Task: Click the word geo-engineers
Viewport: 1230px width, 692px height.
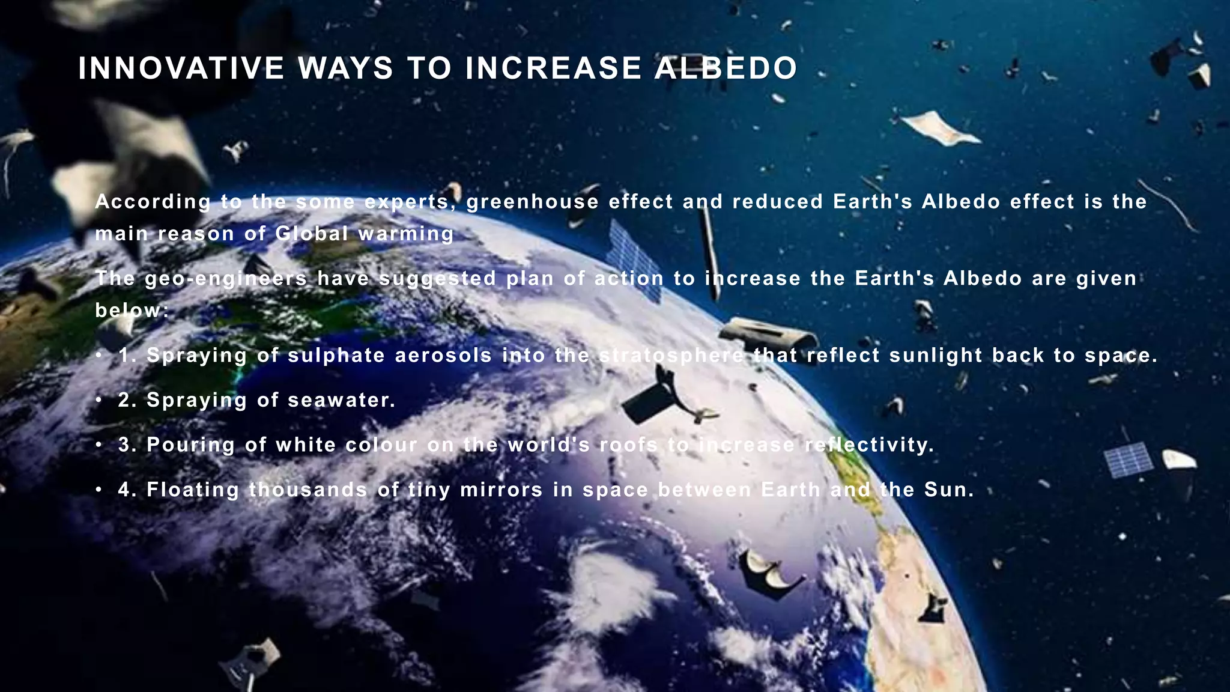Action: tap(226, 279)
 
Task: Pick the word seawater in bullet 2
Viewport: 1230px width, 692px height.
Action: tap(341, 400)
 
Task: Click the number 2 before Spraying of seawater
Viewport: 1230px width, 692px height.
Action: tap(124, 400)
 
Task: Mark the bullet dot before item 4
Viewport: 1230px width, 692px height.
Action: tap(98, 490)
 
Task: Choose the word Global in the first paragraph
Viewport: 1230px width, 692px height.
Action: tap(312, 234)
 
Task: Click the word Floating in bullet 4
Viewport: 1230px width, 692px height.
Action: tap(193, 490)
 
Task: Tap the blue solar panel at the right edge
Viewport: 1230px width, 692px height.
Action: tap(1128, 460)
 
